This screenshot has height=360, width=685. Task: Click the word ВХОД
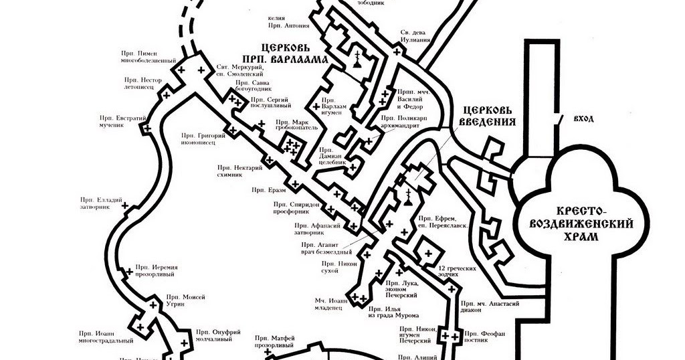(583, 118)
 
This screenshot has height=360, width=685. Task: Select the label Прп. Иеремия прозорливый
(155, 270)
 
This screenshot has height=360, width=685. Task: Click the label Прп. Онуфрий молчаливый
(214, 335)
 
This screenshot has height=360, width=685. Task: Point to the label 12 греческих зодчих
(461, 272)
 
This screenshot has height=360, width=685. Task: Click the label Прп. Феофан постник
(481, 337)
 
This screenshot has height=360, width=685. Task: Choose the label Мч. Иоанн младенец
(332, 304)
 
